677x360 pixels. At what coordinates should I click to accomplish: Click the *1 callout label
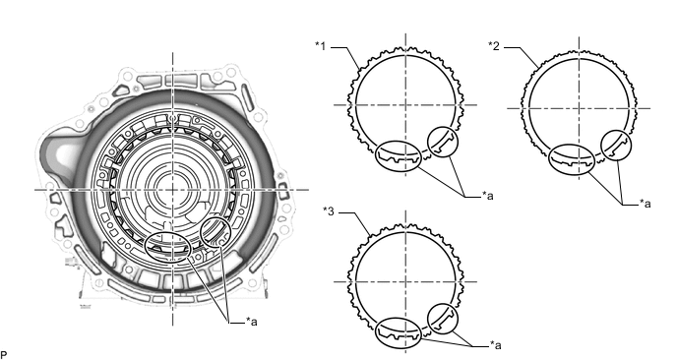click(321, 46)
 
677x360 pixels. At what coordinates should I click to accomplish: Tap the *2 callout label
click(494, 46)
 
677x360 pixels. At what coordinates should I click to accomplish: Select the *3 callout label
click(329, 211)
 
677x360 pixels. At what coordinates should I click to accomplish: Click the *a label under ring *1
click(488, 196)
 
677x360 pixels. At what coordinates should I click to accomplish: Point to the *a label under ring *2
click(646, 204)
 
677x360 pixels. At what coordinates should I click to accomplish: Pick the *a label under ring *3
click(496, 345)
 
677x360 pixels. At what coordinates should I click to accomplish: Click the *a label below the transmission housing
click(252, 322)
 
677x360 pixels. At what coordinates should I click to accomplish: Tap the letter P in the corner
click(4, 355)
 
